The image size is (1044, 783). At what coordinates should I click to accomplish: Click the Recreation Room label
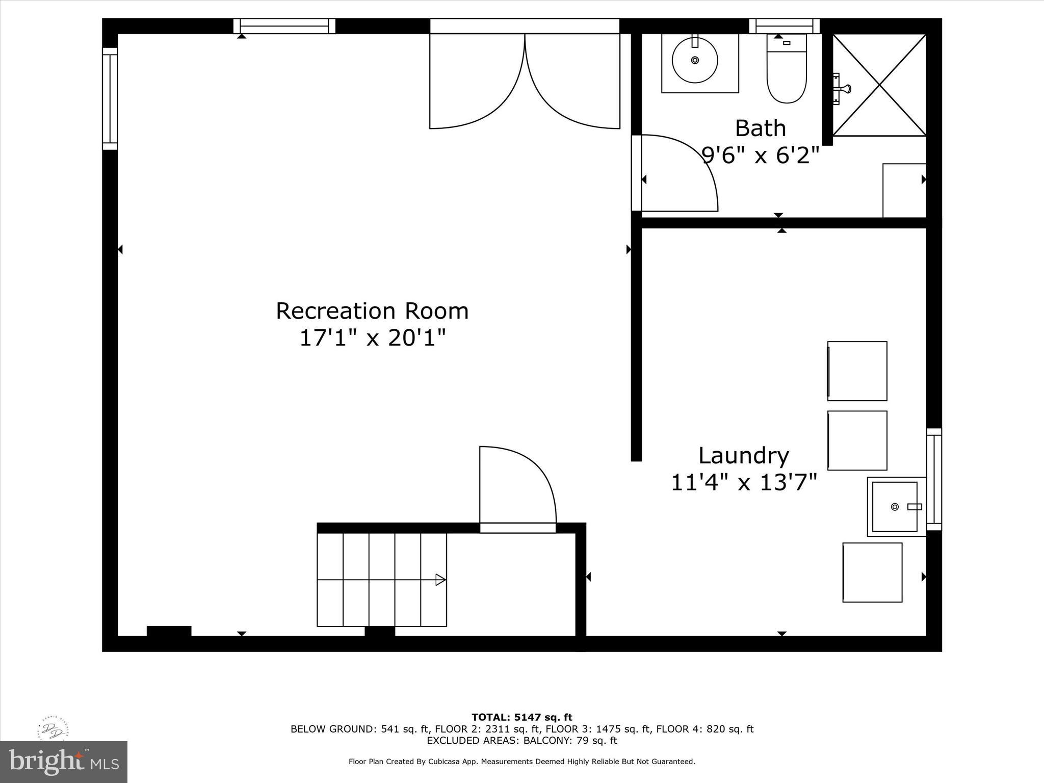click(x=372, y=311)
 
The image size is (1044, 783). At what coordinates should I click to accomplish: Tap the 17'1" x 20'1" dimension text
click(x=372, y=338)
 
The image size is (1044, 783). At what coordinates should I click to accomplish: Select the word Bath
click(x=760, y=128)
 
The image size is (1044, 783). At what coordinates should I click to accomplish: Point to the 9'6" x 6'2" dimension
click(x=760, y=155)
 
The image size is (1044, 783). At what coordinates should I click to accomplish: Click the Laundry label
click(x=743, y=456)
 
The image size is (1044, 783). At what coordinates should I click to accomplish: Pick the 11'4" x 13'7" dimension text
click(x=743, y=482)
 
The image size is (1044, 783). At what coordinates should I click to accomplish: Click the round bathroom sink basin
click(x=695, y=60)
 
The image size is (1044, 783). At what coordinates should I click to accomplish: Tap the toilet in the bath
click(x=787, y=71)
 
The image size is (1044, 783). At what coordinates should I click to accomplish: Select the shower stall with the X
click(x=879, y=85)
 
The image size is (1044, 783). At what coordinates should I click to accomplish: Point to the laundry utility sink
click(x=895, y=507)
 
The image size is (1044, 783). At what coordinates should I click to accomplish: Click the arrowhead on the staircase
click(x=440, y=580)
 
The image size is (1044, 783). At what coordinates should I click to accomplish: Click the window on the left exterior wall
click(x=110, y=99)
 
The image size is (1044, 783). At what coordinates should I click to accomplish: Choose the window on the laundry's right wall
click(x=934, y=479)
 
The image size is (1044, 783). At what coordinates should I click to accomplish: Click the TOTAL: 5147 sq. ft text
click(x=521, y=718)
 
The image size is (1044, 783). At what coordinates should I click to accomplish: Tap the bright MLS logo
click(x=64, y=762)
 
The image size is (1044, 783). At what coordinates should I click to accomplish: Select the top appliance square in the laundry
click(x=857, y=371)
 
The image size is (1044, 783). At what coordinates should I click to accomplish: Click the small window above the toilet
click(x=784, y=26)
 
